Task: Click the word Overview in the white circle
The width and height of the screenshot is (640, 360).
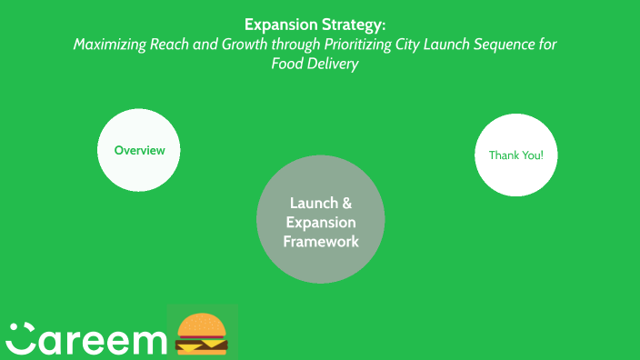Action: (x=139, y=150)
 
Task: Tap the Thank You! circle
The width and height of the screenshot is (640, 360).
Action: (x=515, y=155)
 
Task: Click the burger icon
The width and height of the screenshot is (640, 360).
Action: (x=201, y=333)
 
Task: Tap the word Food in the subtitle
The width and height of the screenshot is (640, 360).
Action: (x=287, y=65)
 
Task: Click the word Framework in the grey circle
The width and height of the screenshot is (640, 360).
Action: (x=320, y=242)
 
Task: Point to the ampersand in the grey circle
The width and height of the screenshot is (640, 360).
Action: (x=346, y=203)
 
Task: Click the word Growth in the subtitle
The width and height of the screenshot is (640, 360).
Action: (x=264, y=45)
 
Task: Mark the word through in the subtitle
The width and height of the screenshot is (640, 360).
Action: (x=309, y=45)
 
